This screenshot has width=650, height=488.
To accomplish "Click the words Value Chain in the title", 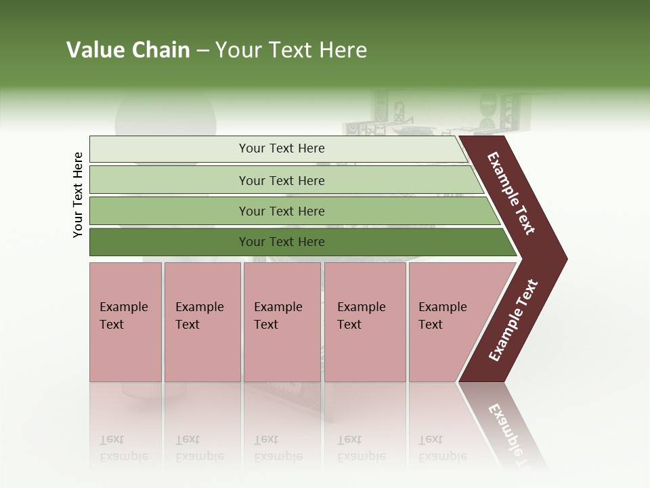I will tap(128, 50).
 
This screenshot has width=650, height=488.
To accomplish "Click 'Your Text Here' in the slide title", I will tap(291, 50).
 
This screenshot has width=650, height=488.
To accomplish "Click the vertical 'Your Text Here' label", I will tap(78, 195).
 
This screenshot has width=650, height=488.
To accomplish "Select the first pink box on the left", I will tap(125, 321).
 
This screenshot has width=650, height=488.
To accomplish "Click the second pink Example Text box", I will tap(202, 321).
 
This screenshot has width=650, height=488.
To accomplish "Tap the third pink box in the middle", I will tap(282, 321).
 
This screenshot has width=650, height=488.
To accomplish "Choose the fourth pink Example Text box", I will tap(364, 321).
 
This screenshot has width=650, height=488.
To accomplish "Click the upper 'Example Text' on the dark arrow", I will tap(511, 193).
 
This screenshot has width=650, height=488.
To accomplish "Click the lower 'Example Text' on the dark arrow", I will tap(513, 321).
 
